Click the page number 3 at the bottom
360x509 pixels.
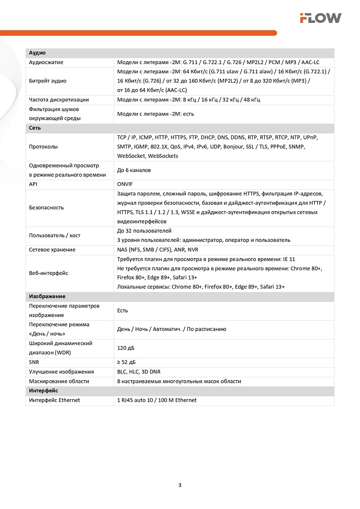[180, 484]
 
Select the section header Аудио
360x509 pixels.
[38, 53]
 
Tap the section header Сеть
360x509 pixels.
[35, 128]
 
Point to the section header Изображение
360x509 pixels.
[47, 296]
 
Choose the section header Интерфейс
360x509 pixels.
[44, 390]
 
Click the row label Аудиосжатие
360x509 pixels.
[46, 62]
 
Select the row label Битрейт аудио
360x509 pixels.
[48, 81]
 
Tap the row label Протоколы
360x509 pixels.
[43, 147]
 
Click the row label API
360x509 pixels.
[34, 184]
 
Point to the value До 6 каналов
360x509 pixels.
[134, 170]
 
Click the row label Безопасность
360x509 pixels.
[46, 208]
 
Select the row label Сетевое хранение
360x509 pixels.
[52, 250]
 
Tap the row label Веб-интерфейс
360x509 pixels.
[49, 273]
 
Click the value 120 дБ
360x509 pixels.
[126, 348]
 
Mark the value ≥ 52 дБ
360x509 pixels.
[126, 362]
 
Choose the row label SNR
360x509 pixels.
[34, 362]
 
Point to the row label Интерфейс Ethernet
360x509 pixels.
[54, 400]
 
